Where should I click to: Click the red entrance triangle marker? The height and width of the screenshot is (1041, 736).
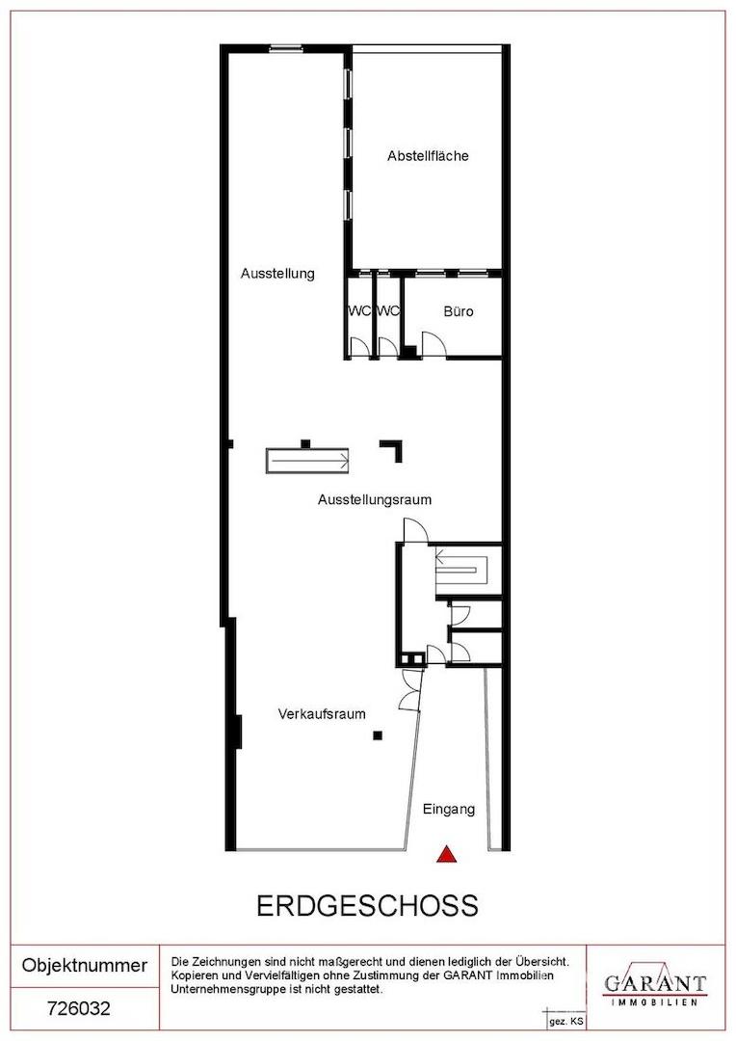tap(447, 854)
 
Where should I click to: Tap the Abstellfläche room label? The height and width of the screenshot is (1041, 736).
tap(428, 156)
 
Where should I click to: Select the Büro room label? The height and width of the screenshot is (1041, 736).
tap(459, 310)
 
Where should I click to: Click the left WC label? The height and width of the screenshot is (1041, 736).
tap(359, 310)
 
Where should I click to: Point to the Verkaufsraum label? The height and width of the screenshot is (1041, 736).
tap(322, 714)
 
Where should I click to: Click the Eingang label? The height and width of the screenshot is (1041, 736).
tap(449, 810)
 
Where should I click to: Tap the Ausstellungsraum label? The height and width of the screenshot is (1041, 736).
tap(375, 499)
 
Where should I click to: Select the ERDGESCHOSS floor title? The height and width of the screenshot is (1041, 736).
tap(367, 905)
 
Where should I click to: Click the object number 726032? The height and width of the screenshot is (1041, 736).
tap(79, 1008)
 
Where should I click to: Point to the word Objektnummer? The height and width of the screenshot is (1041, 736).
tap(84, 965)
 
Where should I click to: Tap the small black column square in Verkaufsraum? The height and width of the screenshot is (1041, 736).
tap(378, 734)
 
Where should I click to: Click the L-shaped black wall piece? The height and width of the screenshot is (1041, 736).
tap(392, 449)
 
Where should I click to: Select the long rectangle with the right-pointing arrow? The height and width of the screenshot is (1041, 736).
tap(307, 461)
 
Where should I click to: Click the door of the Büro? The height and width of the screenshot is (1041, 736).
tap(434, 344)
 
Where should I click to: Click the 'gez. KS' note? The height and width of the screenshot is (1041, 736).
tap(566, 1022)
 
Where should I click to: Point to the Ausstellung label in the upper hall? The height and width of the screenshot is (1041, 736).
tap(277, 274)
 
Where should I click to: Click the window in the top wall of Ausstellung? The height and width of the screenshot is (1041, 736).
tap(286, 48)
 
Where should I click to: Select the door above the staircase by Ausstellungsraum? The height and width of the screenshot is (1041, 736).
tap(416, 530)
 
